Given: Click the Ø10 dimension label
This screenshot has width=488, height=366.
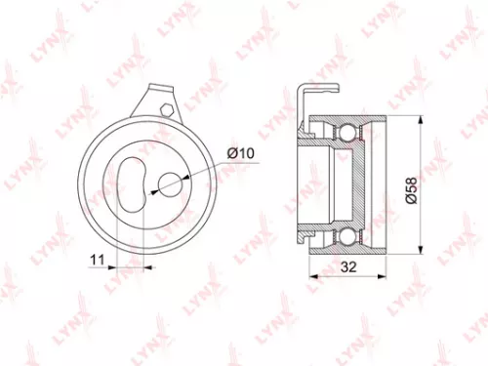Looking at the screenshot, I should coord(239,153).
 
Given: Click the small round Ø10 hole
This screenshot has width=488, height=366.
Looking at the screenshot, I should coord(171,183).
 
